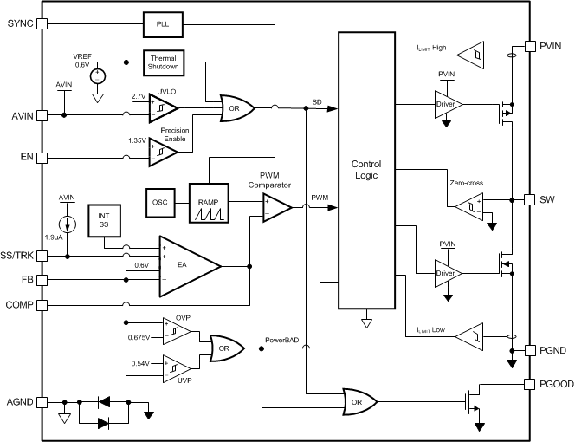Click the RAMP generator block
click(208, 203)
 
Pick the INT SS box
click(105, 218)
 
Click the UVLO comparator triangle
click(162, 107)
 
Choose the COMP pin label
click(20, 304)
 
